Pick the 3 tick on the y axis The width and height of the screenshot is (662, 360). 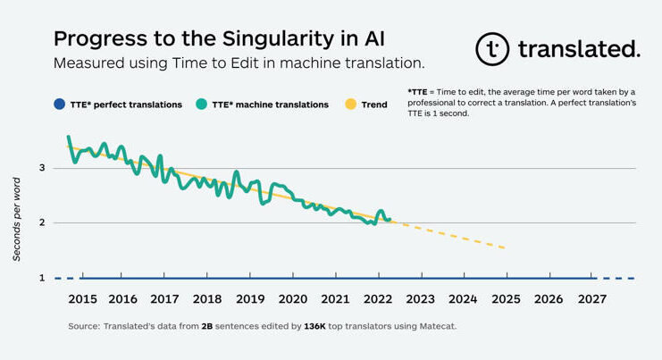(41, 168)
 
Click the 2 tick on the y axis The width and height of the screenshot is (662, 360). (41, 222)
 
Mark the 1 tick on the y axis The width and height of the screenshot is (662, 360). (41, 278)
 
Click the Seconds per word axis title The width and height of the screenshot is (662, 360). (17, 220)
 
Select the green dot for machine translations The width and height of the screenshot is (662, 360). (204, 105)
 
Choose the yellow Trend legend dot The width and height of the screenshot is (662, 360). (350, 105)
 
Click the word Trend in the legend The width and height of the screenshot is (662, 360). (374, 105)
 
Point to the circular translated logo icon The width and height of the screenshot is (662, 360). (492, 49)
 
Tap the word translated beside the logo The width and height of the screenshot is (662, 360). (578, 49)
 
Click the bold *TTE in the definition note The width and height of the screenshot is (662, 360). (418, 92)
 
